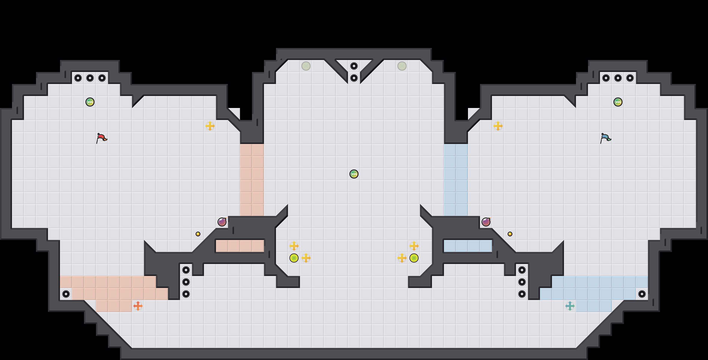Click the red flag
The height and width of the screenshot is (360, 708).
[102, 138]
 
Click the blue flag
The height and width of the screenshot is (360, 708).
[605, 138]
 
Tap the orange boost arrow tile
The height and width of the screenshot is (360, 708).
[138, 306]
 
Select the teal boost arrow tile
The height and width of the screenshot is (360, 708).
[570, 306]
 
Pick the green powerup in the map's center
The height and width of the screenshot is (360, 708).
[354, 174]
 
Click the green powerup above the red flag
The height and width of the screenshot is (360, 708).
[90, 102]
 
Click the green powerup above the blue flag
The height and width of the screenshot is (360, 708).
[618, 102]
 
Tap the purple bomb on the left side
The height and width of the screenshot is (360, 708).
[222, 222]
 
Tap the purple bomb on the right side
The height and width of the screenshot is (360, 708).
[486, 222]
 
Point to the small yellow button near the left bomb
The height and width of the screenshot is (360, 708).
[198, 234]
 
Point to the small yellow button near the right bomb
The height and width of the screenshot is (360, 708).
[510, 234]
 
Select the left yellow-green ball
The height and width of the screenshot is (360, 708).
[294, 258]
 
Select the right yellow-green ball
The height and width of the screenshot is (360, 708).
[414, 258]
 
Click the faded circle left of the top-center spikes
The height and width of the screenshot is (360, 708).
[306, 66]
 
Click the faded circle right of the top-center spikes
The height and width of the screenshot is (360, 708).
[402, 66]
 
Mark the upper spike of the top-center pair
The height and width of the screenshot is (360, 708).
[354, 66]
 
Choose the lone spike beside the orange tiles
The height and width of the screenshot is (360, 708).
[66, 294]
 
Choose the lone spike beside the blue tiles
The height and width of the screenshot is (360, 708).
[642, 294]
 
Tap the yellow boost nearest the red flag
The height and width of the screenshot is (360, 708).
[210, 126]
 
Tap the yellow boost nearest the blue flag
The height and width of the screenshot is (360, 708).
[498, 126]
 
